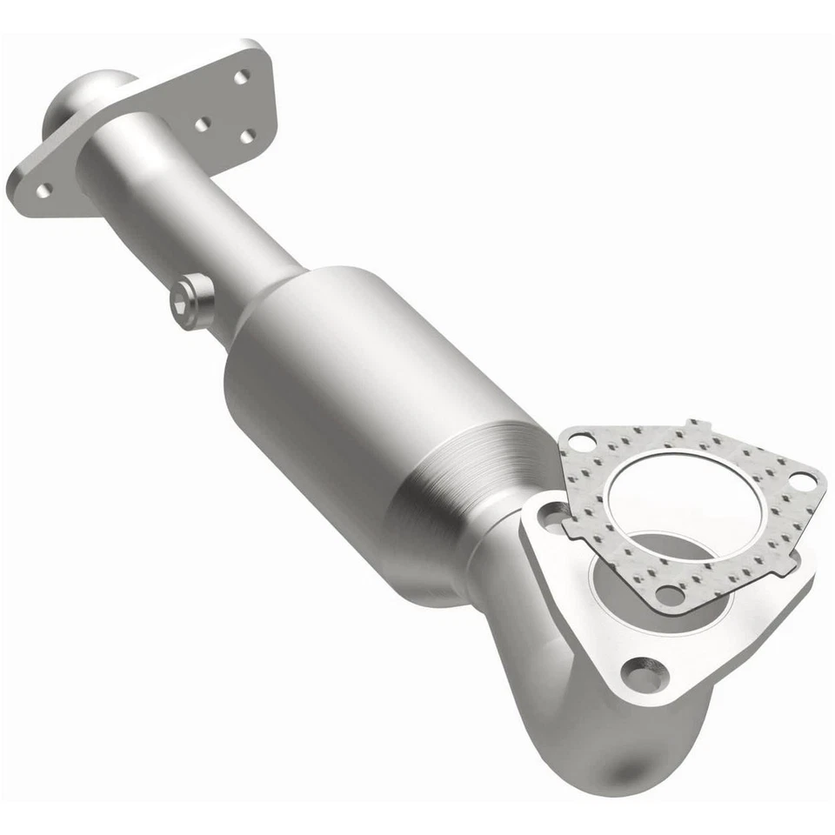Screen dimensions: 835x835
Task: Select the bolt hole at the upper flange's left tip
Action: coord(43,188)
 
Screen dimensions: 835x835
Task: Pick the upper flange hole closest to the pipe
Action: coord(203,124)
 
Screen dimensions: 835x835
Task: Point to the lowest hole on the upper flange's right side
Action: coord(247,137)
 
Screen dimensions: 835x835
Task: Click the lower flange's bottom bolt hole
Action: coord(645,674)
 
